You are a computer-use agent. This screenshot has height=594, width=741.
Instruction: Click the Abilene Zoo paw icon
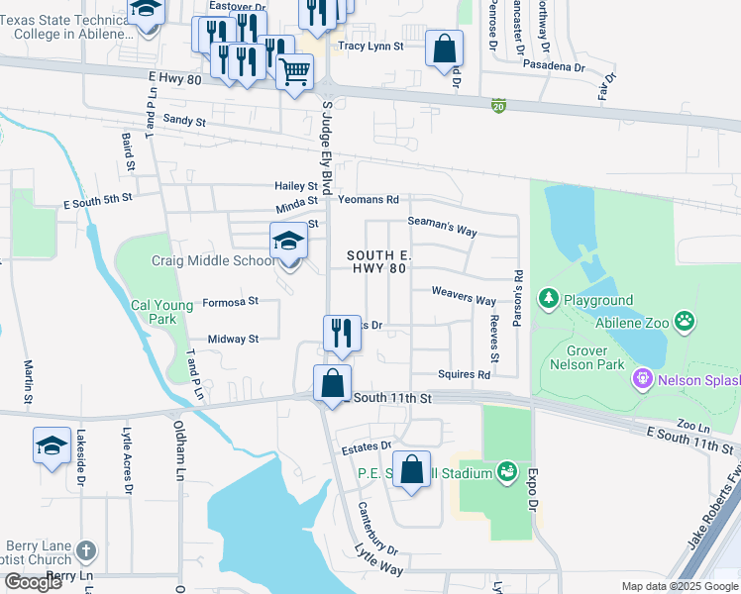(x=685, y=321)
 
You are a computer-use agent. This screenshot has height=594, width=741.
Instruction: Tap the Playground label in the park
(x=598, y=300)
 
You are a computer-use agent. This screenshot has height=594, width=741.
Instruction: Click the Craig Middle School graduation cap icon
(x=288, y=241)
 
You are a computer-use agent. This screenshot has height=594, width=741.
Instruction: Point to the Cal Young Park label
(x=161, y=312)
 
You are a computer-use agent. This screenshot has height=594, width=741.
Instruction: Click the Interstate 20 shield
(x=498, y=104)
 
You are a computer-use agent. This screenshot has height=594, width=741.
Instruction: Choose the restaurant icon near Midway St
(x=342, y=334)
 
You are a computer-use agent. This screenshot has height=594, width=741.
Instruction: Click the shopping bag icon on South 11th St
(x=333, y=383)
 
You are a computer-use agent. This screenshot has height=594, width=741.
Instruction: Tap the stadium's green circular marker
(x=507, y=472)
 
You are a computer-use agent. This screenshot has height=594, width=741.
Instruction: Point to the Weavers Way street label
(x=463, y=300)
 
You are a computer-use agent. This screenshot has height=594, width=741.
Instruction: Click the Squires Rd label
(x=464, y=375)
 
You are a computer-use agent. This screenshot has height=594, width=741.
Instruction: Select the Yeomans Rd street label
(x=368, y=199)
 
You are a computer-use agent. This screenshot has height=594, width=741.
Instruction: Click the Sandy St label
(x=184, y=121)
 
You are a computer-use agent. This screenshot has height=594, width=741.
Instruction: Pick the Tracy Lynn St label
(x=370, y=47)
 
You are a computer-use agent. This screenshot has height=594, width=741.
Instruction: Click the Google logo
(x=34, y=582)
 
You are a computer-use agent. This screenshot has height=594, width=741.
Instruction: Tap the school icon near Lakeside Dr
(x=52, y=445)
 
